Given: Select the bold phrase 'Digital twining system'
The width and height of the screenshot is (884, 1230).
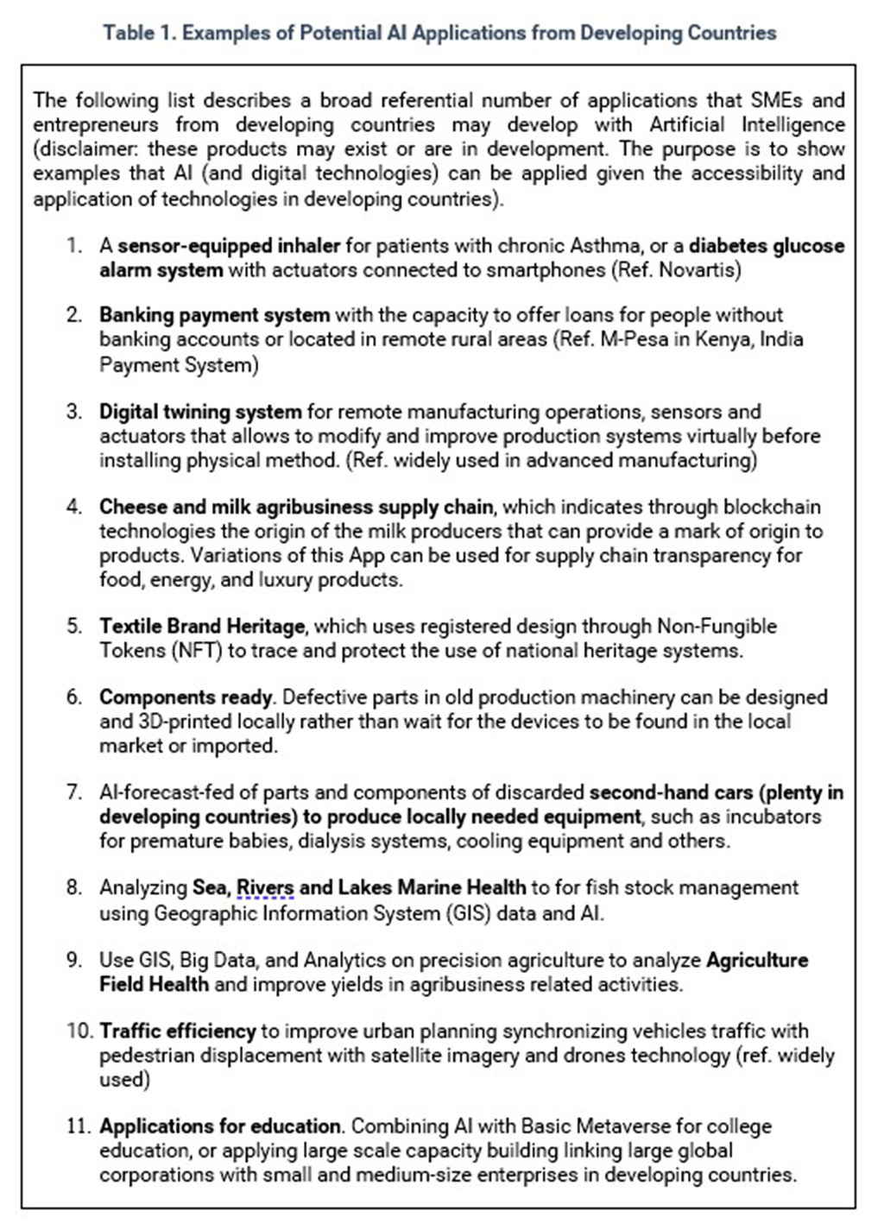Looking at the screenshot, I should coord(200,412).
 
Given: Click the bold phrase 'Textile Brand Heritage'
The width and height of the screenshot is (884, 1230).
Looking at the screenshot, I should coord(202,626).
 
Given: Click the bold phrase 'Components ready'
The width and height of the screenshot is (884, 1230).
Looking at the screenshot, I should coord(186,697).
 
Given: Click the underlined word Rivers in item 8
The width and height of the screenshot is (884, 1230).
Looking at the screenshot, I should coord(265,887).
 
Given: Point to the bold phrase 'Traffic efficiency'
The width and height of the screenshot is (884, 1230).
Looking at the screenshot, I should coord(177,1031).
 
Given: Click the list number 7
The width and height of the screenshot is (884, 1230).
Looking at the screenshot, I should coord(74,792).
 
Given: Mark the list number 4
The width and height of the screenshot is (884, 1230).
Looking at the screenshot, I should coord(74,507).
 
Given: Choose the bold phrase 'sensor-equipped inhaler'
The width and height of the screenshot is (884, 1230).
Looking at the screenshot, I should coord(229,246).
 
